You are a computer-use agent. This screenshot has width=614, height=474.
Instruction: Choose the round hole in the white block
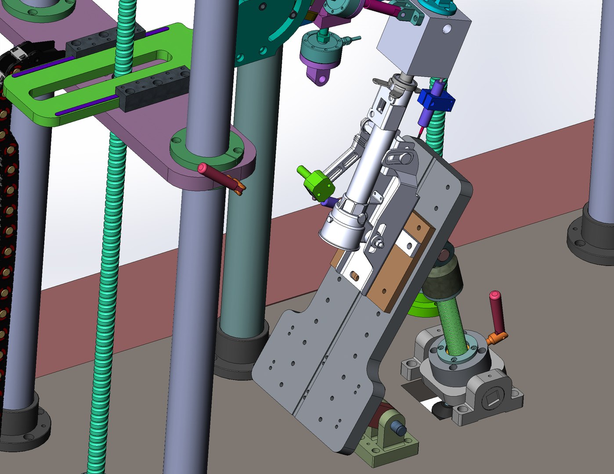[447, 29]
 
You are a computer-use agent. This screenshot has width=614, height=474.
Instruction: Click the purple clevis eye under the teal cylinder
[323, 79]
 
